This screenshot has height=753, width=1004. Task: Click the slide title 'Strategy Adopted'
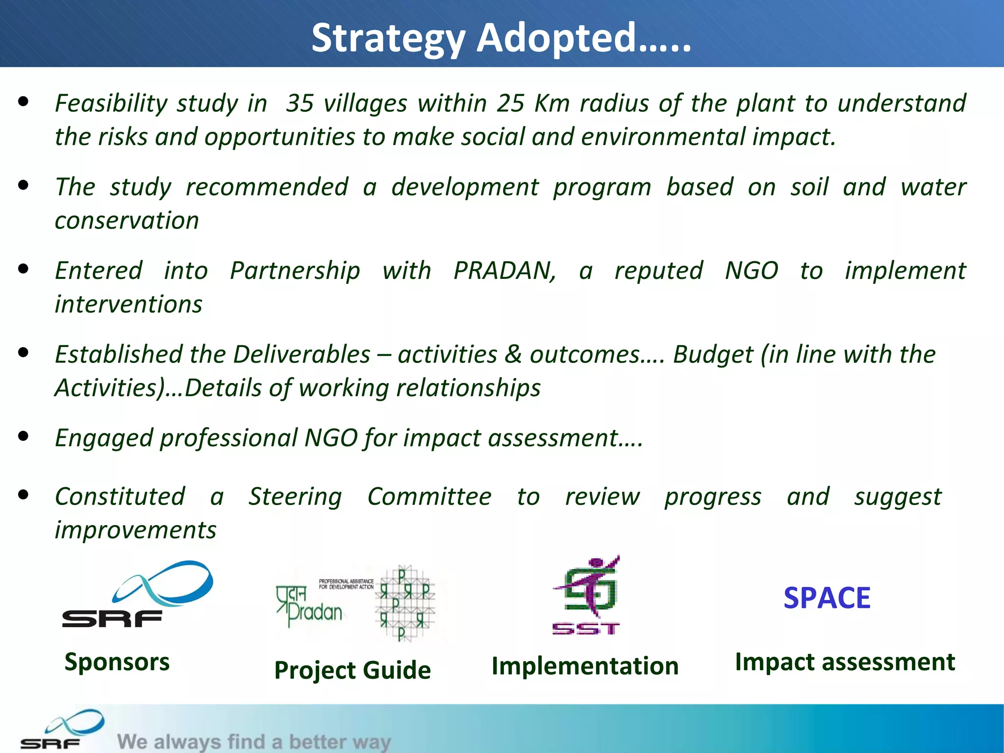(501, 38)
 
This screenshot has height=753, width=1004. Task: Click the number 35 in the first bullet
(300, 103)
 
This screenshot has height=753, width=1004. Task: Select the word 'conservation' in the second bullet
(127, 221)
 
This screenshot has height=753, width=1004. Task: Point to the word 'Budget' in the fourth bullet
(712, 354)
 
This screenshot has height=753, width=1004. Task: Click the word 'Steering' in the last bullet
(295, 497)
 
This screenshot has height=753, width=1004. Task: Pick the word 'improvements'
(135, 530)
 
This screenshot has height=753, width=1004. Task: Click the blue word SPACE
(827, 598)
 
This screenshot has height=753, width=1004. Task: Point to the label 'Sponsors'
(117, 662)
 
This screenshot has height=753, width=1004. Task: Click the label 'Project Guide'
(352, 670)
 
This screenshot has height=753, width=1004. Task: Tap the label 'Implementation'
(585, 666)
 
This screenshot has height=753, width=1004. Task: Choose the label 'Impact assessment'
(845, 662)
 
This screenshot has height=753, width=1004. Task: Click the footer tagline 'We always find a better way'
(254, 741)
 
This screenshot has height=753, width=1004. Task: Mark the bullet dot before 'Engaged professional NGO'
(23, 436)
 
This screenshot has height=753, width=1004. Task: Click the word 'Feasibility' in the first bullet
(111, 103)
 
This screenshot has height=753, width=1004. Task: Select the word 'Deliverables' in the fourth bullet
(301, 354)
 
